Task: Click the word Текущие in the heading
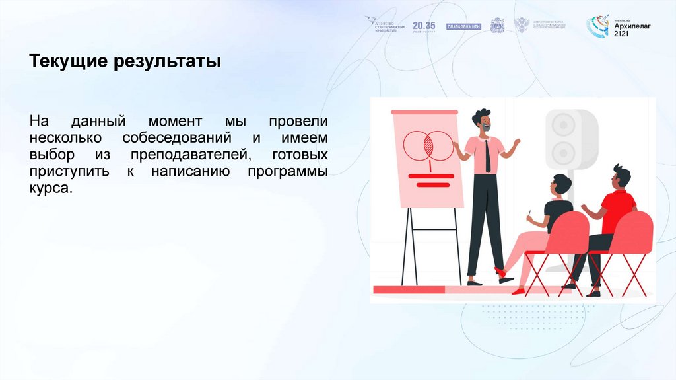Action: (69, 63)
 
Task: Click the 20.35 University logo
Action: (424, 26)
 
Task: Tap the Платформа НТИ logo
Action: (464, 26)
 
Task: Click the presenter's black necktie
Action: (488, 157)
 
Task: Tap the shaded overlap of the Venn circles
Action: (428, 144)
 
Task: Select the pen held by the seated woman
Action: (529, 215)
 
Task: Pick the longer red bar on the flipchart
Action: (431, 176)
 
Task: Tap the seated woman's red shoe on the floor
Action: (519, 290)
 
